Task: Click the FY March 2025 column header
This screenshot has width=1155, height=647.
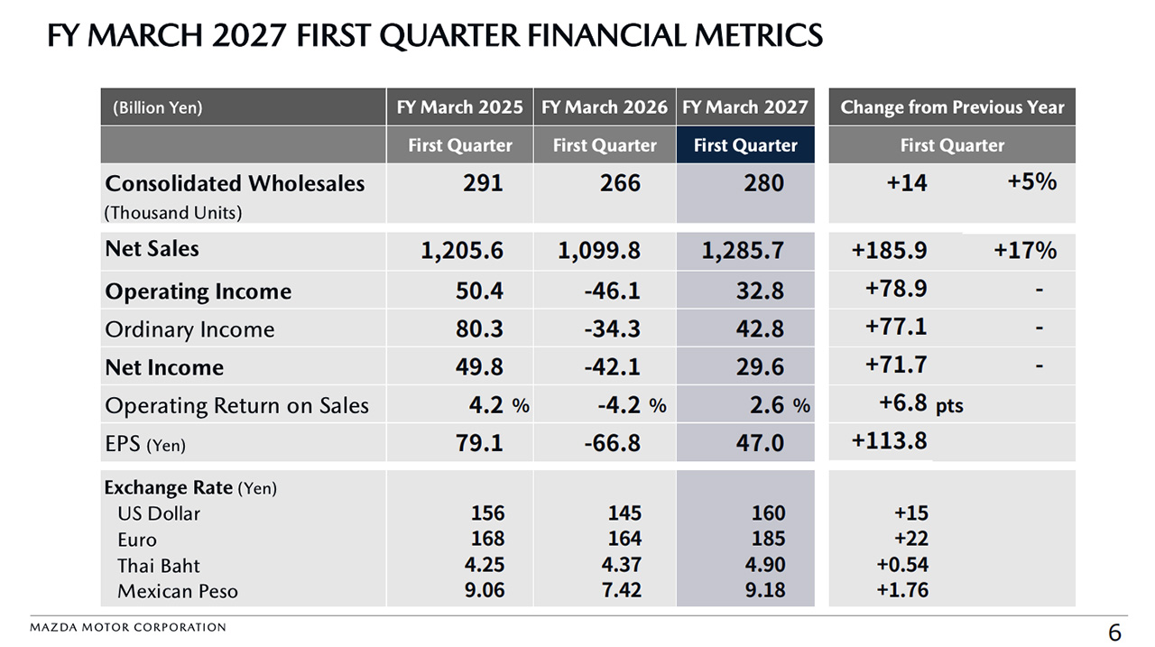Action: [x=459, y=107]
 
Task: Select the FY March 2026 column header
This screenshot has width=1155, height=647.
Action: [x=605, y=107]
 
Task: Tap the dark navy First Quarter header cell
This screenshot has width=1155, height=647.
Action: [x=745, y=145]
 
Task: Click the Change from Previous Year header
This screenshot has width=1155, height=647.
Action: [x=952, y=107]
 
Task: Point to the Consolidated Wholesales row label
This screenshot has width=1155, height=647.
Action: [x=235, y=183]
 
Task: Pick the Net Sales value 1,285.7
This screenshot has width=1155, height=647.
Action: [x=743, y=251]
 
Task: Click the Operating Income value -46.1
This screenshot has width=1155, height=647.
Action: [x=612, y=291]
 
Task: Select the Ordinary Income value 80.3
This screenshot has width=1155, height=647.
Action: [x=479, y=328]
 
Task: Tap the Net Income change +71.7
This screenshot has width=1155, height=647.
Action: [x=896, y=365]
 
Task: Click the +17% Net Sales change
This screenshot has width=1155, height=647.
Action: [x=1025, y=251]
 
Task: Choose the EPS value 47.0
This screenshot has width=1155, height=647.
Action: [x=760, y=443]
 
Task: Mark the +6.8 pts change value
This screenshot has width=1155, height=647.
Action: [x=921, y=403]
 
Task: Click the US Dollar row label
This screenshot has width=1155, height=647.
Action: [x=158, y=514]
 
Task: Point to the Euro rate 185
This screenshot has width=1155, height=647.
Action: [x=768, y=539]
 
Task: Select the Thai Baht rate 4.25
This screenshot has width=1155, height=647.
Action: [x=485, y=565]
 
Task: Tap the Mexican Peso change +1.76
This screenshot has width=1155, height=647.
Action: [x=902, y=590]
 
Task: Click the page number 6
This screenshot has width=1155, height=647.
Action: [x=1114, y=632]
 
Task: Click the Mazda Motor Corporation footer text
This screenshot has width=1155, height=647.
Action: [x=128, y=627]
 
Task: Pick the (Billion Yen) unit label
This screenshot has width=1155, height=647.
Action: [x=158, y=107]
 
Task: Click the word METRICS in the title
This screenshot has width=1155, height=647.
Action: [x=759, y=35]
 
